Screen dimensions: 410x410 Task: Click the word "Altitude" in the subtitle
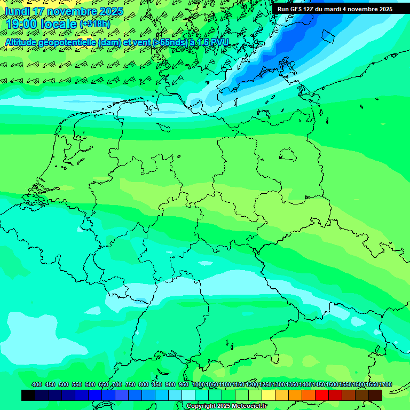point(25,42)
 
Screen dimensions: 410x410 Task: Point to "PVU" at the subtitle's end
point(219,42)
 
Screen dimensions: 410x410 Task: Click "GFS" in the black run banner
point(295,9)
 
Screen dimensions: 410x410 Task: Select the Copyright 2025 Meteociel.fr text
point(226,406)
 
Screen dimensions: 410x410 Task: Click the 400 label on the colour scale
point(37,384)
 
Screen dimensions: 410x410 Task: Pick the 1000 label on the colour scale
point(198,384)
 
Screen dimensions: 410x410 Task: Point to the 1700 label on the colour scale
point(385,384)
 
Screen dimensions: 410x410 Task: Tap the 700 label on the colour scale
point(117,384)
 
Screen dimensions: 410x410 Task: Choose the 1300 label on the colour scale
point(279,384)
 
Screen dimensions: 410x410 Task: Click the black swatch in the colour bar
point(28,395)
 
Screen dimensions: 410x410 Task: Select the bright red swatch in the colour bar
point(322,395)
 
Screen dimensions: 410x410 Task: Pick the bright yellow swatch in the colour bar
point(269,395)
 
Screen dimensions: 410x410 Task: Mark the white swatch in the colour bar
point(188,395)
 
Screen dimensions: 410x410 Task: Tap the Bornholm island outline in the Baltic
point(326,36)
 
